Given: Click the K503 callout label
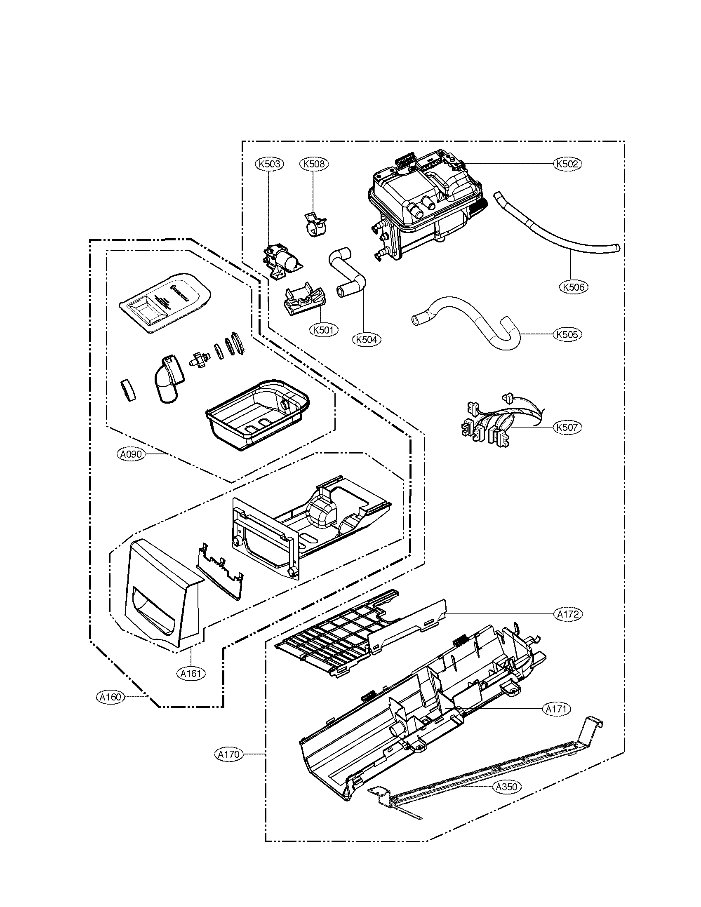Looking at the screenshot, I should [269, 164].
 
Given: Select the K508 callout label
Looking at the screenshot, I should [313, 164].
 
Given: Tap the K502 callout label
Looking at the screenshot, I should [567, 164].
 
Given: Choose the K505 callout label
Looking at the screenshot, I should [567, 334].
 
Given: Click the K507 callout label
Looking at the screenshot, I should [567, 428].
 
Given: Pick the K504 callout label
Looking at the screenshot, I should [367, 339].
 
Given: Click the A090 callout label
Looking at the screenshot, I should [130, 454].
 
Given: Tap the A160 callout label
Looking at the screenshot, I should [110, 697].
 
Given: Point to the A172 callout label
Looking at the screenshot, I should [567, 614].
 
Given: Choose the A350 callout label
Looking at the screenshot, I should [507, 787].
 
